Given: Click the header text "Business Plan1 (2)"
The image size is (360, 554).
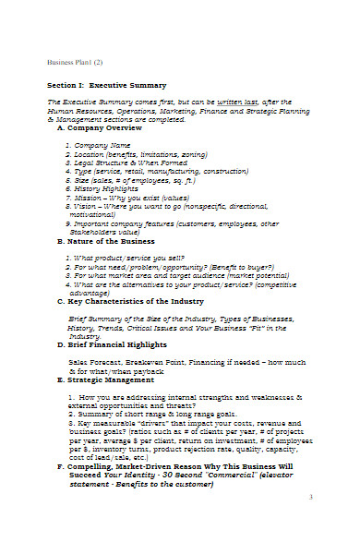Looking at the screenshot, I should (x=76, y=63).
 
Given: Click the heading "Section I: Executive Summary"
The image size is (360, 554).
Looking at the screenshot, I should (x=106, y=85).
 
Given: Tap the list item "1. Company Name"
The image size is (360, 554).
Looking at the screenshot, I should (x=98, y=146).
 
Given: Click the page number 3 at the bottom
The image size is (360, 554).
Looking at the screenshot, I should (x=310, y=523).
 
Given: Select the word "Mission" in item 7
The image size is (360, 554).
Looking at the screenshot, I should (x=90, y=197).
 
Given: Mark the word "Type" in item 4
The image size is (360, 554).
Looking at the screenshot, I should (x=82, y=171).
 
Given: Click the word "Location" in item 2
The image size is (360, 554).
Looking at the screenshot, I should (x=90, y=154).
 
